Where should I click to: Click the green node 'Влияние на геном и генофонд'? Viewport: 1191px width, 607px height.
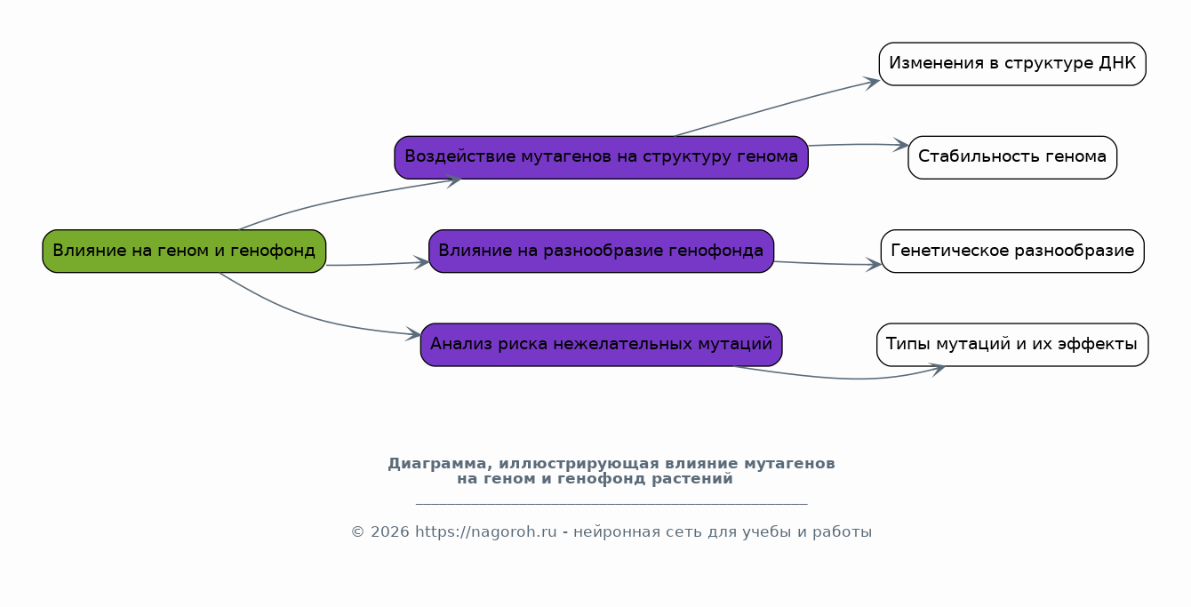point(184,251)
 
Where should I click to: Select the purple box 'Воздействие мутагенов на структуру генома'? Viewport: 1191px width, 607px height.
point(602,157)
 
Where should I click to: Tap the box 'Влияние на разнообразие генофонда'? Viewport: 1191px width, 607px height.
point(602,251)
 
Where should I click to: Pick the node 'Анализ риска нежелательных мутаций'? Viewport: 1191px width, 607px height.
point(602,345)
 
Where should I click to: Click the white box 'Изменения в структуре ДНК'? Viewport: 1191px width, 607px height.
point(1012,64)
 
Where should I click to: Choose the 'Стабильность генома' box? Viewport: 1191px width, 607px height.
point(1012,157)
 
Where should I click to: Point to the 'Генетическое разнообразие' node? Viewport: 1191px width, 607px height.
point(1012,251)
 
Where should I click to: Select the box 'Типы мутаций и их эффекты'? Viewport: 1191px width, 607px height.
point(1012,345)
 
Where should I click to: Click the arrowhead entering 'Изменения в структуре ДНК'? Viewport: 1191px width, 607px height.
point(872,83)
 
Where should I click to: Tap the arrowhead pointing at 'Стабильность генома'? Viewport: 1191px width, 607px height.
point(901,145)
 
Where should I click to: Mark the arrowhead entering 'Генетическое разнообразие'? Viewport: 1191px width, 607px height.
point(875,264)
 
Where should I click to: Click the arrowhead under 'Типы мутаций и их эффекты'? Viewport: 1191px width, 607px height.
point(937,369)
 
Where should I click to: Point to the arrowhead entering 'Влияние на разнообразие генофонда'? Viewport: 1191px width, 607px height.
point(422,262)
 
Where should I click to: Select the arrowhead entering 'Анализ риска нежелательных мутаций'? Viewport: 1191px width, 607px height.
point(413,334)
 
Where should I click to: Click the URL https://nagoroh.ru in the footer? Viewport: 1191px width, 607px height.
point(486,532)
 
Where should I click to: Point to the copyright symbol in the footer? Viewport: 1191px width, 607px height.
point(358,532)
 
